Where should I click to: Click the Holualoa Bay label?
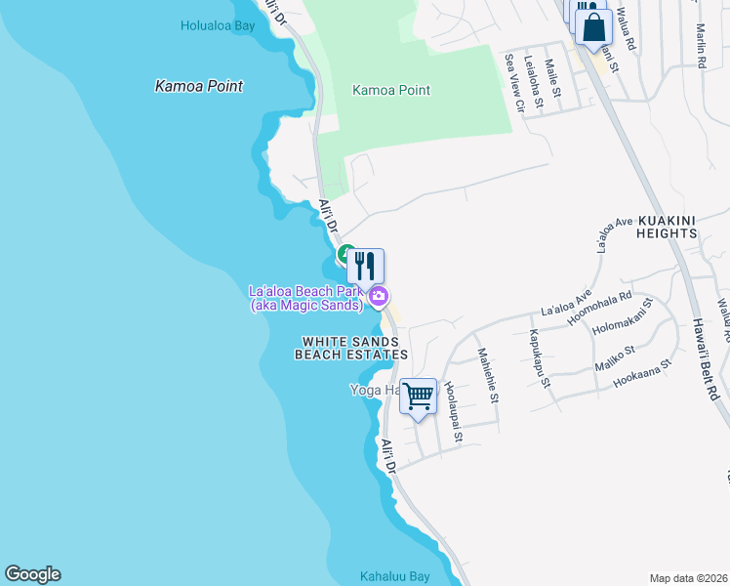point(217,25)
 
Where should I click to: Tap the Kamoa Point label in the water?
point(199,86)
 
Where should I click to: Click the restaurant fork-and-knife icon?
point(365,265)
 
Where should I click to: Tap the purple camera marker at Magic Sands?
point(378,296)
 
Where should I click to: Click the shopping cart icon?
point(419,397)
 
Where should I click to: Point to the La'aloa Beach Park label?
point(305,298)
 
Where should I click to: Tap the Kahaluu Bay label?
point(394,575)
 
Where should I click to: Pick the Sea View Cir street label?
point(513,86)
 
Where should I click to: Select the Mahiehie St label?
point(487,376)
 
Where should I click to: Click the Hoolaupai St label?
point(453,409)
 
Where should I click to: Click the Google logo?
point(32,574)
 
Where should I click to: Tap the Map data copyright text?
point(689,578)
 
